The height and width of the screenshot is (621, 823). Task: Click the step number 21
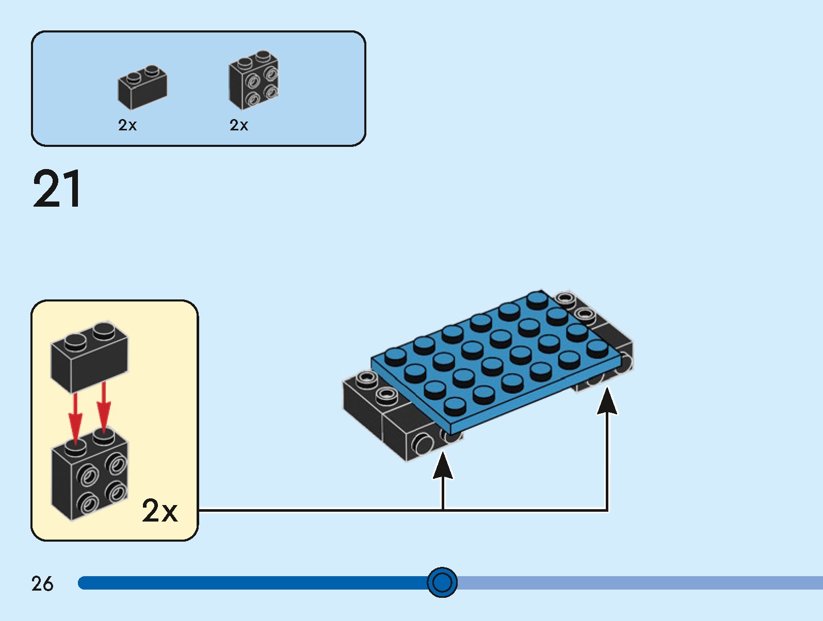57,189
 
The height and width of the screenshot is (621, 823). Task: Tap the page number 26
42,584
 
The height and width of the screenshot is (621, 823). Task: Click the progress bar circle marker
442,582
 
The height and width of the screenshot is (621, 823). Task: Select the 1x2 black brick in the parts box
142,88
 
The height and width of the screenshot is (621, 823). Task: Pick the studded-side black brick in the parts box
253,81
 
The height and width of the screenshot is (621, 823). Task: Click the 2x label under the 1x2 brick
127,125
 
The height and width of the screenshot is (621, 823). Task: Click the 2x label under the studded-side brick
239,125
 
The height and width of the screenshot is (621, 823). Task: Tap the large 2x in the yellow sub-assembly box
159,511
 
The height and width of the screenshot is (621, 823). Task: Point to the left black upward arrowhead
443,466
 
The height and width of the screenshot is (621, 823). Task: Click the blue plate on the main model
495,361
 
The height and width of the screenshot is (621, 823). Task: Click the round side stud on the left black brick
423,444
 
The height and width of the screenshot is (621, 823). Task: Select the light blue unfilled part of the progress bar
640,583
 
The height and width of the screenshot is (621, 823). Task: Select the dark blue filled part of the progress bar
253,583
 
